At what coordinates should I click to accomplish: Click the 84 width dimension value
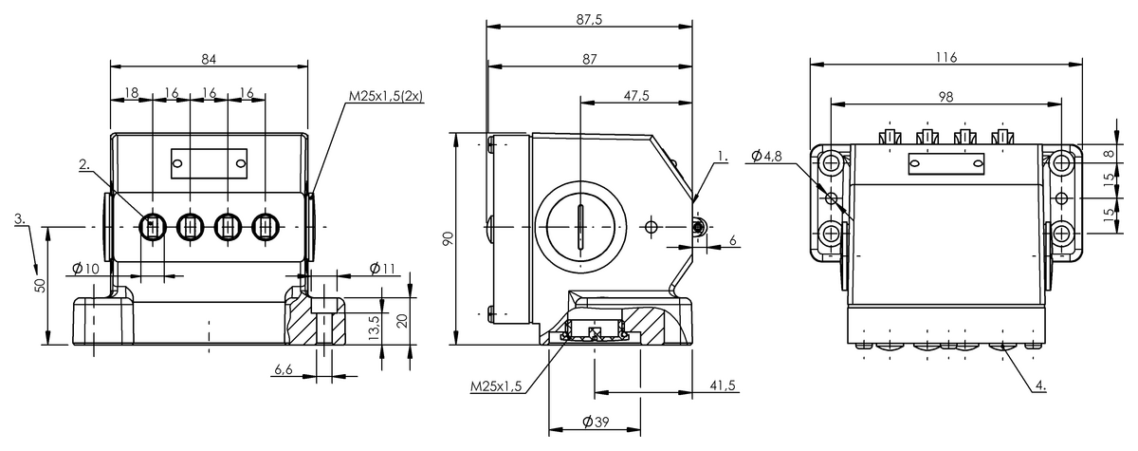pyautogui.click(x=209, y=59)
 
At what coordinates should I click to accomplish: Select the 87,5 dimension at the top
pyautogui.click(x=589, y=20)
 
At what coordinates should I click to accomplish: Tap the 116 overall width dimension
pyautogui.click(x=946, y=58)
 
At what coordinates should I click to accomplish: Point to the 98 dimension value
pyautogui.click(x=945, y=97)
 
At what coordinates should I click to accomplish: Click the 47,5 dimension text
pyautogui.click(x=636, y=96)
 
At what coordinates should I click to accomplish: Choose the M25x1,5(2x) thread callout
pyautogui.click(x=386, y=96)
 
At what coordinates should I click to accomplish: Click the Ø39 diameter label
pyautogui.click(x=596, y=422)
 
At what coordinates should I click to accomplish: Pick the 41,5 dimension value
pyautogui.click(x=723, y=385)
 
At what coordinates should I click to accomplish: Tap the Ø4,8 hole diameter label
pyautogui.click(x=766, y=156)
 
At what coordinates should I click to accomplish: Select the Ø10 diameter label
pyautogui.click(x=85, y=268)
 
